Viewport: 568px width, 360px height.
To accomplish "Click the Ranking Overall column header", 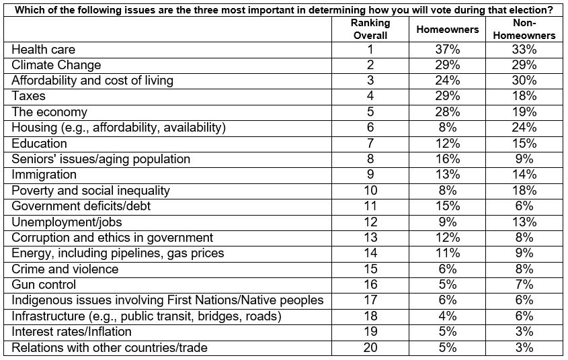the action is point(370,29).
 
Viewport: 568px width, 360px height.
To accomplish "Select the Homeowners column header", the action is point(448,30).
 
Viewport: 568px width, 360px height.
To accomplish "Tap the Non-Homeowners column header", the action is point(524,29).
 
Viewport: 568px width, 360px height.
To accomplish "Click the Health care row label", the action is point(44,49).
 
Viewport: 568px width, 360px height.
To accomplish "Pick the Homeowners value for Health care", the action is point(448,49).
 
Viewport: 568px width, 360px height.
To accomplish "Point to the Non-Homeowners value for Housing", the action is point(524,128).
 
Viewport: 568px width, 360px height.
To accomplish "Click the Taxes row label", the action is point(29,96).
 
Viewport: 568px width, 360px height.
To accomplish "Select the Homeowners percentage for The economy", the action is point(448,111).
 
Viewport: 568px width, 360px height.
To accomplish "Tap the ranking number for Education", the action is point(370,143).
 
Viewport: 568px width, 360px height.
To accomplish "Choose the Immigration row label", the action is point(44,175).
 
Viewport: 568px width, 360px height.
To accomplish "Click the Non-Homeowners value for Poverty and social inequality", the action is point(524,190).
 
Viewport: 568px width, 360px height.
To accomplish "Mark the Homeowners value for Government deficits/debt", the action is point(448,206).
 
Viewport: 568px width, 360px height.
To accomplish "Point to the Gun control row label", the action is point(44,284).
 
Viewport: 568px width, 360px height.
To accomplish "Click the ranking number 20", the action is point(370,347).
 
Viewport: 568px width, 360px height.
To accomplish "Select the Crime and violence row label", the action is point(65,269).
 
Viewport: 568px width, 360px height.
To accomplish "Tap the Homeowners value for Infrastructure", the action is point(448,316).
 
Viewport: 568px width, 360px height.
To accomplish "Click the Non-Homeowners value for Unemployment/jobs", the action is point(524,222).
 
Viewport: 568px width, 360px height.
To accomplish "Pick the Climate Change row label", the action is point(56,64).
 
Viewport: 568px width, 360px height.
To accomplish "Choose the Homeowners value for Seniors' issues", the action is point(448,159).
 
